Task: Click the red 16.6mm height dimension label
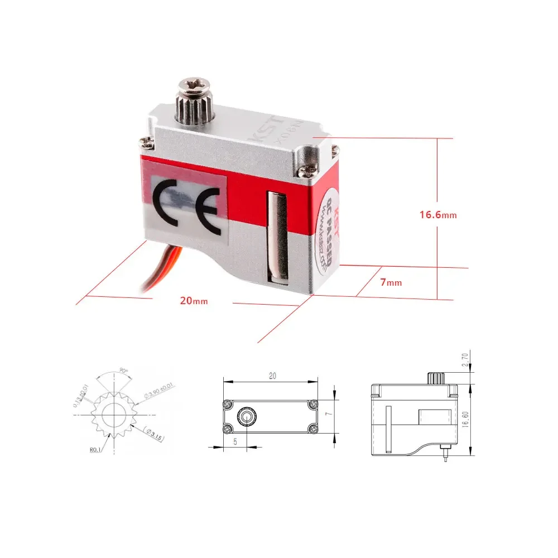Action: pyautogui.click(x=438, y=214)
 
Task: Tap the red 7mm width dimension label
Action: pyautogui.click(x=391, y=282)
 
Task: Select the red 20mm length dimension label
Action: pyautogui.click(x=194, y=300)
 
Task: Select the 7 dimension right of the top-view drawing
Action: pyautogui.click(x=330, y=415)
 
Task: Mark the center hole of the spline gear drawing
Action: pyautogui.click(x=113, y=413)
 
